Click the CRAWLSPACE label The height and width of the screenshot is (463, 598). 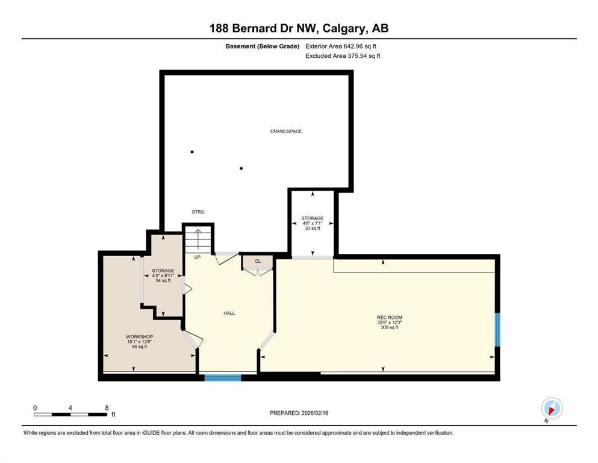pyautogui.click(x=286, y=131)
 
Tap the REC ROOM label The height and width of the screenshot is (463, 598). pyautogui.click(x=389, y=318)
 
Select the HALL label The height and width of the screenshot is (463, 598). pyautogui.click(x=229, y=313)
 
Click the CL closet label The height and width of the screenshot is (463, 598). pyautogui.click(x=258, y=261)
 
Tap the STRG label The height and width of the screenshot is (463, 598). pyautogui.click(x=198, y=212)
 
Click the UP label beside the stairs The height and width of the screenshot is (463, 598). pyautogui.click(x=197, y=257)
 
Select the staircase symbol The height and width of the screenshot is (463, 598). pyautogui.click(x=199, y=239)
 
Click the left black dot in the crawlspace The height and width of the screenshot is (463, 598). pyautogui.click(x=192, y=152)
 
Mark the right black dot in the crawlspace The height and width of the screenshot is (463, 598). pyautogui.click(x=241, y=168)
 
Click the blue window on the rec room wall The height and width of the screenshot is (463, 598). pyautogui.click(x=497, y=329)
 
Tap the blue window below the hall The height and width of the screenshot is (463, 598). pyautogui.click(x=223, y=378)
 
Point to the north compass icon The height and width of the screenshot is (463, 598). pyautogui.click(x=552, y=408)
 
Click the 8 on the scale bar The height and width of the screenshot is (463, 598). pyautogui.click(x=107, y=408)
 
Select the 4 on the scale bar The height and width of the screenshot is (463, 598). pyautogui.click(x=70, y=408)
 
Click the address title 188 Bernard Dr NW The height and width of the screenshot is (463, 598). pyautogui.click(x=299, y=28)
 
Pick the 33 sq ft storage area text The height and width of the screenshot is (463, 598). pyautogui.click(x=313, y=228)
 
